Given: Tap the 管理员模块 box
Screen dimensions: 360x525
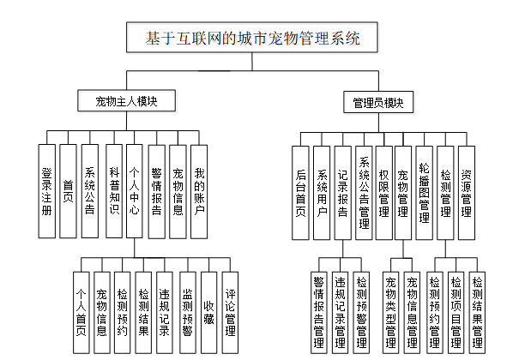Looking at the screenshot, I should tap(378, 102).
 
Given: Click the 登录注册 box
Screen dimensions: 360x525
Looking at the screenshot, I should tap(48, 190).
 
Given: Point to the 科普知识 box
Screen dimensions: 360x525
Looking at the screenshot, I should tap(113, 190).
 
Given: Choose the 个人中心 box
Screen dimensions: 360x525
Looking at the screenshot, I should tap(135, 190).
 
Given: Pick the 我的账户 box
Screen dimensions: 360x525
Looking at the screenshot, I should tap(199, 190).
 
